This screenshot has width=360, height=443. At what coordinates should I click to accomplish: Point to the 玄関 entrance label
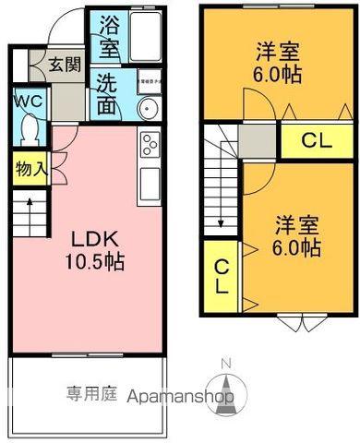pos(63,65)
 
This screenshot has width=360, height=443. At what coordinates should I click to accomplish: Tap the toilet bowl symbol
pos(28,128)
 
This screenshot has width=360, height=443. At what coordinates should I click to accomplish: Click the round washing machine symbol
pos(148,110)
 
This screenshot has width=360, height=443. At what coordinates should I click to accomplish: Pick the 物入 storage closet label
pos(28,170)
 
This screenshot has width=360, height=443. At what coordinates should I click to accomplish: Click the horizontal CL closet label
pos(316,142)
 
